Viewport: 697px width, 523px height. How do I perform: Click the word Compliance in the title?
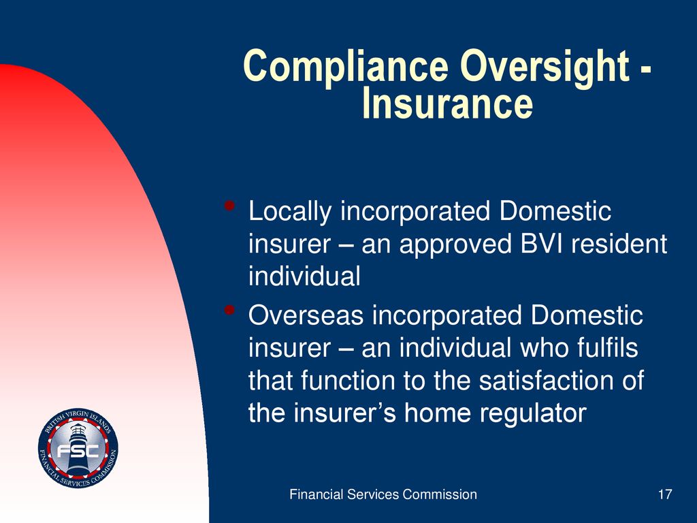345,67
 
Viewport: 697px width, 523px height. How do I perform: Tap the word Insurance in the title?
448,104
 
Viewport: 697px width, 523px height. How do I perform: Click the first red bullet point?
229,206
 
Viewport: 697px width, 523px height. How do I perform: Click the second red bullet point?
229,310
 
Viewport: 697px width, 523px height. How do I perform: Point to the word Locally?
290,212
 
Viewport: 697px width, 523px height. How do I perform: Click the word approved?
455,246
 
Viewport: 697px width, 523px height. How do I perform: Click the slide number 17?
665,494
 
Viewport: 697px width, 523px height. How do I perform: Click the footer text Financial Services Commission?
383,494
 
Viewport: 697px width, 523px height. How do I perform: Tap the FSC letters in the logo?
78,451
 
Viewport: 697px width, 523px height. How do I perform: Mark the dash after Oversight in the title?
645,71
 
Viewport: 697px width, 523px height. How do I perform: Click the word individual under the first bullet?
304,276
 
